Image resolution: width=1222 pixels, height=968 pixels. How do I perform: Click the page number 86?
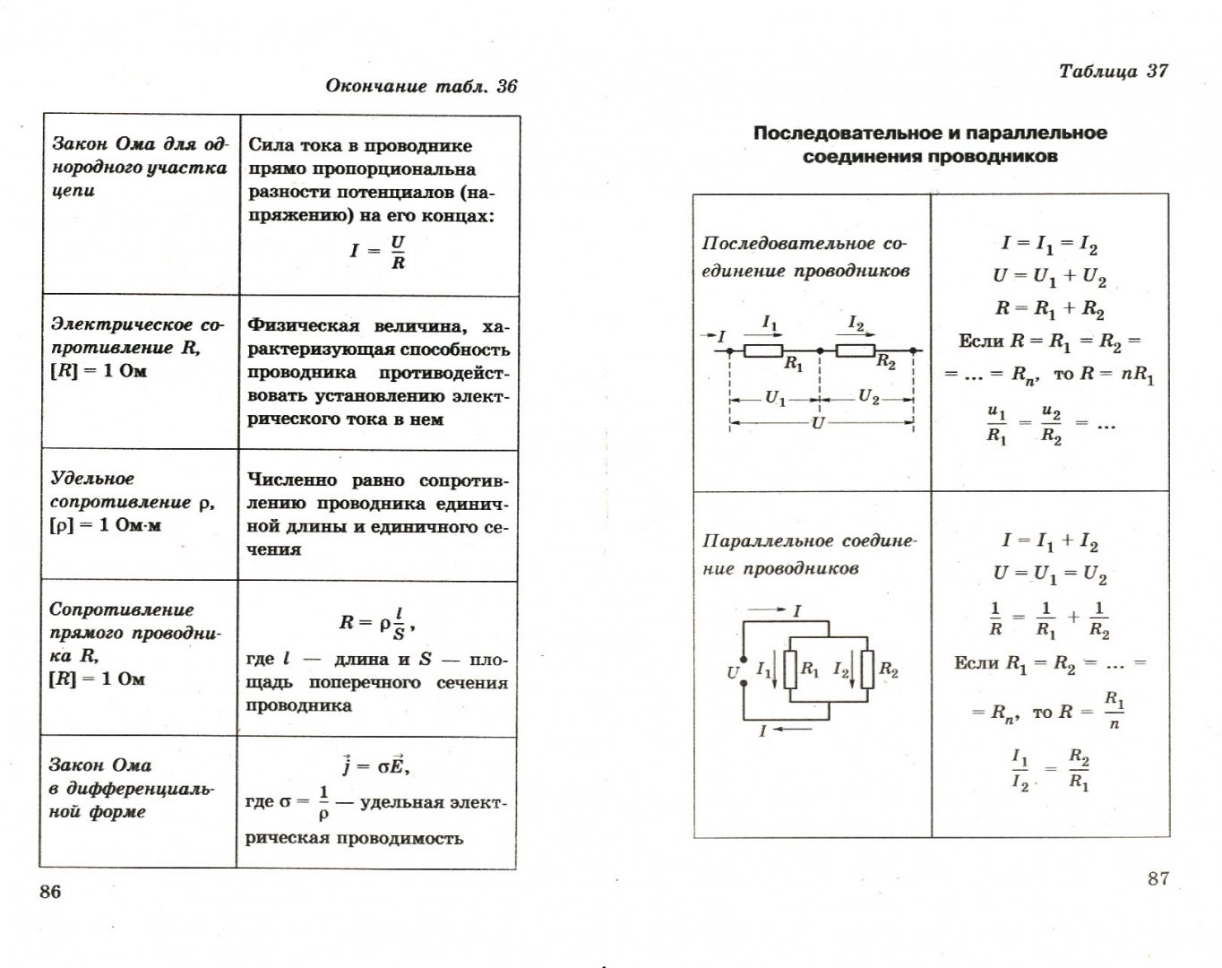(x=50, y=892)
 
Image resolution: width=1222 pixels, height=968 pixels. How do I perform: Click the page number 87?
(x=1157, y=878)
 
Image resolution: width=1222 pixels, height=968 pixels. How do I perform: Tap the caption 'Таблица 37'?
(x=1113, y=72)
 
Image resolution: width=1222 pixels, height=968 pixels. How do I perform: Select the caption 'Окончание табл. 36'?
(x=421, y=86)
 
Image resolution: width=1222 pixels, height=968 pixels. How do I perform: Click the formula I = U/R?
(x=378, y=252)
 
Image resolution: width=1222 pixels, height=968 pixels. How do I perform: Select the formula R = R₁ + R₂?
(x=1049, y=309)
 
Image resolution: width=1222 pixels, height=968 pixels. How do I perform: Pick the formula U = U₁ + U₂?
(x=1049, y=278)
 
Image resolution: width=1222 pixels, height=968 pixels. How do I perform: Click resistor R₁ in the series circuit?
(x=763, y=350)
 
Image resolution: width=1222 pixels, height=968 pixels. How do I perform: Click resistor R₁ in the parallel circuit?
(x=790, y=669)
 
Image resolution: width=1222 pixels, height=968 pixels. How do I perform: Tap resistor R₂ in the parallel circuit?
(x=867, y=669)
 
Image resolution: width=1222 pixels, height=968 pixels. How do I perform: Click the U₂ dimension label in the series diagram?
(x=868, y=397)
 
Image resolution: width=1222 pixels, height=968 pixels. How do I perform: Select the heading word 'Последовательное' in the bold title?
(x=843, y=134)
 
